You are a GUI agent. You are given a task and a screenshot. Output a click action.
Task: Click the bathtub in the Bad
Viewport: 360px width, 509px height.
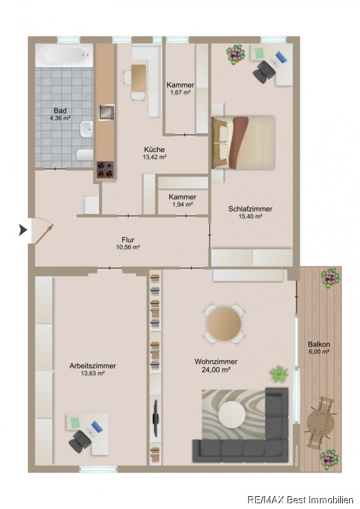64,55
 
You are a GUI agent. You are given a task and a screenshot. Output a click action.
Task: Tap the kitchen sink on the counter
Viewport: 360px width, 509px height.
106,113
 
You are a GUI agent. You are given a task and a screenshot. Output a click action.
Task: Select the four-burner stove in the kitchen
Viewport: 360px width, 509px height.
106,169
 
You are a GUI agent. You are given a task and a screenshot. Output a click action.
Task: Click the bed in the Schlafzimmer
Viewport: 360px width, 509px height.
244,143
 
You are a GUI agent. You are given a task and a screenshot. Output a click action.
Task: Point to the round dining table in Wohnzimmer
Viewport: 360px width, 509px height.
224,323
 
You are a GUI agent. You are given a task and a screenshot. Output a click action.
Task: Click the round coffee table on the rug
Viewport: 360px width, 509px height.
232,415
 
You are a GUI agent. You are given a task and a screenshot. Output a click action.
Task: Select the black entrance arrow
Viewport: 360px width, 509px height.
23,230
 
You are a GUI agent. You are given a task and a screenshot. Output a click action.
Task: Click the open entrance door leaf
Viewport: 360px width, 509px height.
44,234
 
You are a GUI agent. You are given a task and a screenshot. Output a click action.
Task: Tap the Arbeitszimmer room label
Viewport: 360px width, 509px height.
92,366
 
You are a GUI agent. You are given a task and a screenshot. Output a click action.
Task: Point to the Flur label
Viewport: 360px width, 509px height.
128,240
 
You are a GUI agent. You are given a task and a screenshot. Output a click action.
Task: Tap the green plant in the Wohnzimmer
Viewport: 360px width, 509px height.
279,373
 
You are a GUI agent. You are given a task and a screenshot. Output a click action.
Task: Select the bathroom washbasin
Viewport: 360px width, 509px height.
87,129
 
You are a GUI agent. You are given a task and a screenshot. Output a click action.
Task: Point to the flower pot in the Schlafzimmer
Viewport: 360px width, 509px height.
236,54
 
